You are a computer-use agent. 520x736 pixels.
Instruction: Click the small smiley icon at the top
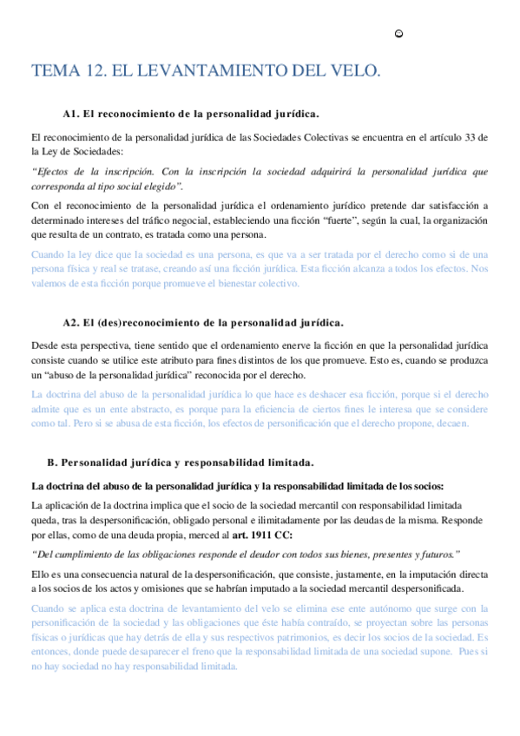[x=398, y=34]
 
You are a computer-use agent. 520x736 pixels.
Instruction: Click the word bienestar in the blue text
[x=207, y=283]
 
